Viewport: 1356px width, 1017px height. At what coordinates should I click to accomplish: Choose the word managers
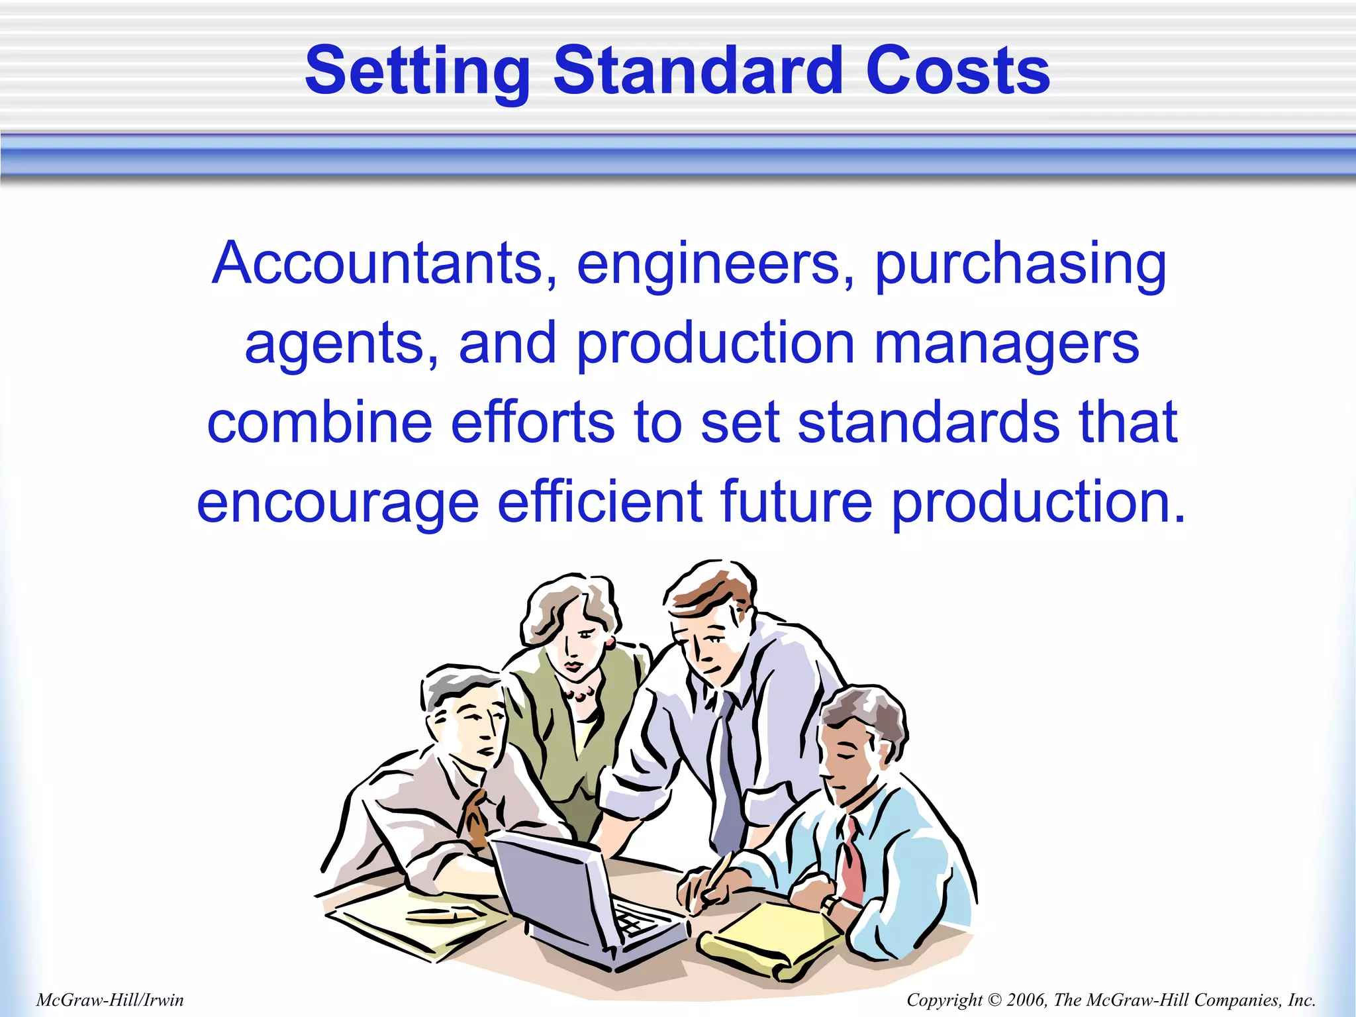pyautogui.click(x=1006, y=344)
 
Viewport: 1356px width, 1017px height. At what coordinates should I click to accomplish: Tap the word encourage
pyautogui.click(x=338, y=502)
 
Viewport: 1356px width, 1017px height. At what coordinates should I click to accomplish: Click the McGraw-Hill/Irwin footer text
pyautogui.click(x=110, y=1000)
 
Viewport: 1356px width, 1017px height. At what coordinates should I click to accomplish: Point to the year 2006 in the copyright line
pyautogui.click(x=1026, y=1000)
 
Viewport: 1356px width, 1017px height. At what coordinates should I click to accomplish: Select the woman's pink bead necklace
pyautogui.click(x=580, y=694)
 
